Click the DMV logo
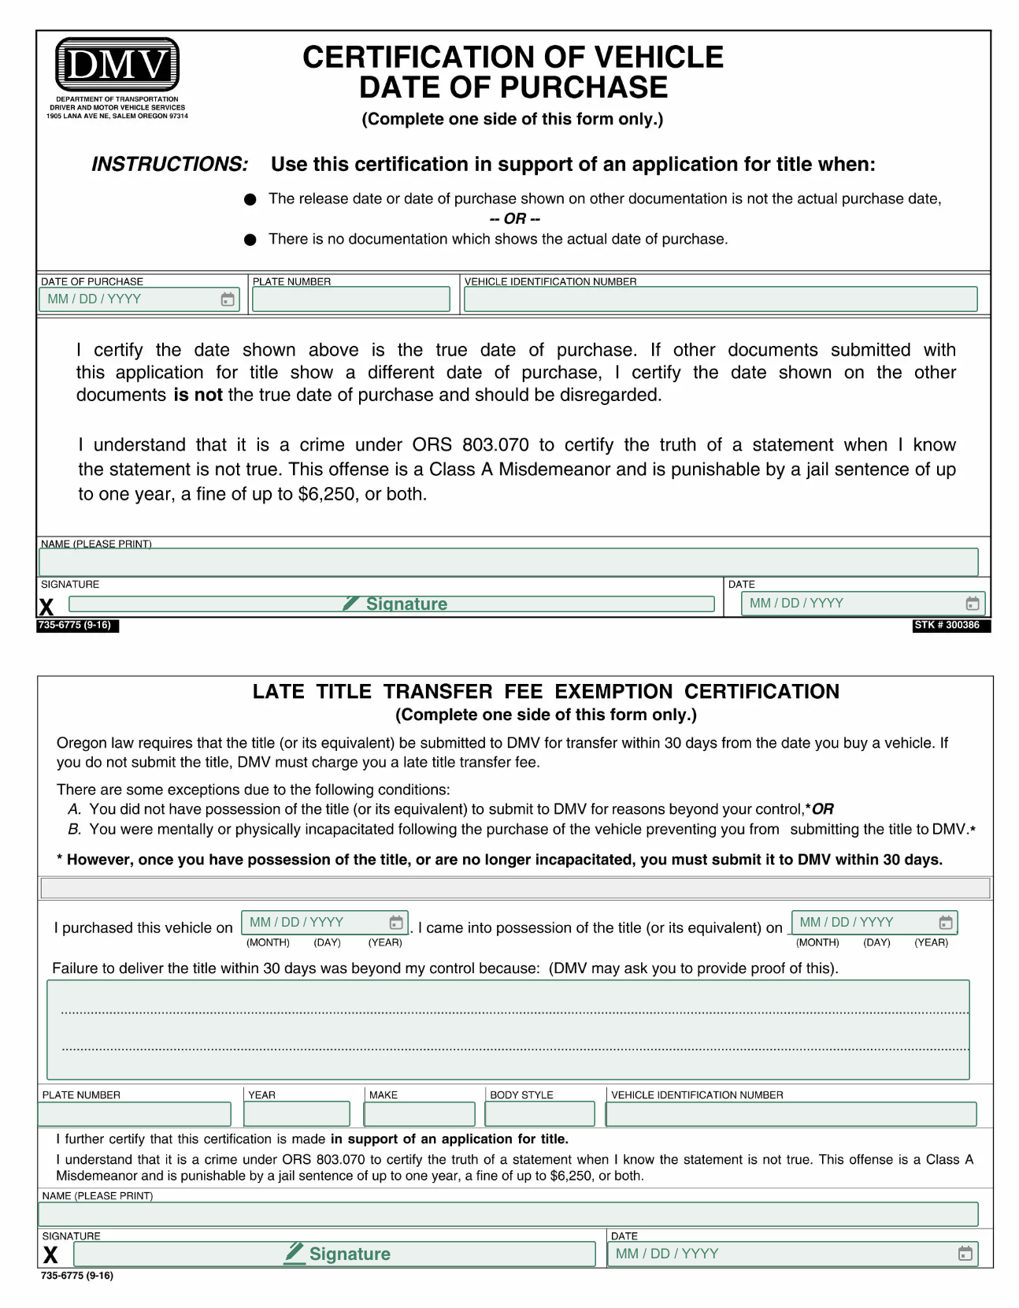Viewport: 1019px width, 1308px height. click(117, 64)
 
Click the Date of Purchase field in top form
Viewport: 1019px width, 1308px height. click(130, 299)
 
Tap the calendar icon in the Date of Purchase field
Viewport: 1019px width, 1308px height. click(228, 299)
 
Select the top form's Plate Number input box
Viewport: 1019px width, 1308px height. click(351, 299)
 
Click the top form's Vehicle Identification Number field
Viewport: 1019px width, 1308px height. click(720, 299)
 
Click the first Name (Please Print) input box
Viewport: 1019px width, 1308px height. click(509, 562)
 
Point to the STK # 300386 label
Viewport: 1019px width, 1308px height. click(950, 625)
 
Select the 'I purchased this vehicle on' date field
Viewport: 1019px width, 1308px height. click(315, 923)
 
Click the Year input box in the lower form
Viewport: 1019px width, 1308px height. click(297, 1114)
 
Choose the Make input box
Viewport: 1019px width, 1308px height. click(419, 1114)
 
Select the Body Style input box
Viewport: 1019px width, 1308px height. click(539, 1114)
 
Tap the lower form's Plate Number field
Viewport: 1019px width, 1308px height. click(135, 1114)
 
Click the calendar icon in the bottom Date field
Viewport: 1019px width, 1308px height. click(965, 1254)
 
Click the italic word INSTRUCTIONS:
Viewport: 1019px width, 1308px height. click(169, 164)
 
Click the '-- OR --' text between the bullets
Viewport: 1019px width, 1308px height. click(514, 219)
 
